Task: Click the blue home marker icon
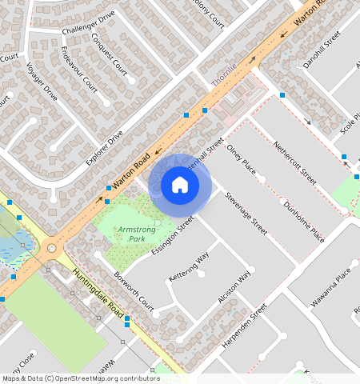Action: tap(180, 186)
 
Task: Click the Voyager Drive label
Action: tap(42, 82)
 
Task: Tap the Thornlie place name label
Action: tap(224, 75)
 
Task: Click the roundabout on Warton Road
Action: tap(53, 248)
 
